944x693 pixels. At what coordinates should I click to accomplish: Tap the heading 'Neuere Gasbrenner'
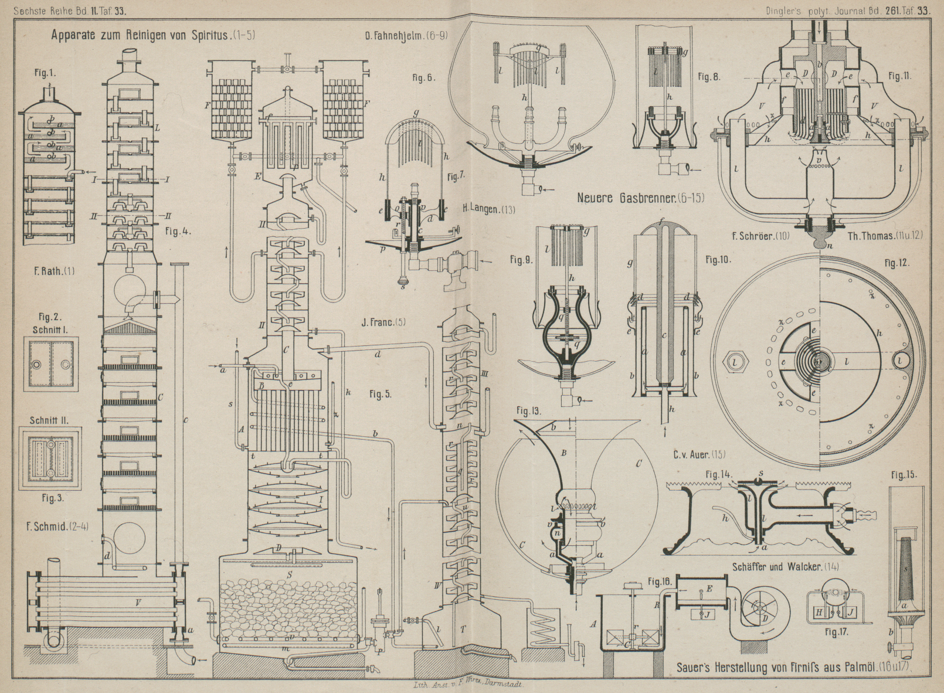click(641, 198)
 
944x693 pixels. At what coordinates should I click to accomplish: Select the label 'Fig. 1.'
click(45, 73)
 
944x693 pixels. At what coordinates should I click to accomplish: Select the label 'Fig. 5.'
click(380, 394)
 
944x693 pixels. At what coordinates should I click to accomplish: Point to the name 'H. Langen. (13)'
click(489, 208)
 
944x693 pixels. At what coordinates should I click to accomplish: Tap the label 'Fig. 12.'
click(897, 263)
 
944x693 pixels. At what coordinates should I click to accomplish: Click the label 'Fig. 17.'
click(837, 632)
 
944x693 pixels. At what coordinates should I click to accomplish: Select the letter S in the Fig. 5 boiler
click(289, 574)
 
